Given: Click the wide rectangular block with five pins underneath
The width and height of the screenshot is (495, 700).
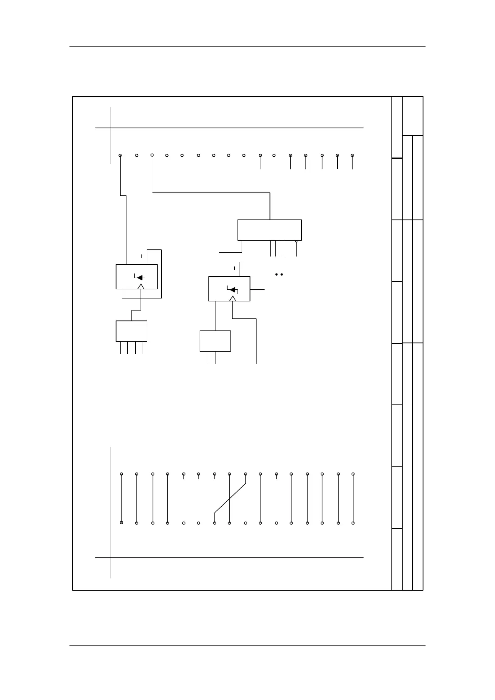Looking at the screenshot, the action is pyautogui.click(x=269, y=230).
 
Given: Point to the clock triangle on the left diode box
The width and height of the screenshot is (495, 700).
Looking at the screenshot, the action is pyautogui.click(x=141, y=286).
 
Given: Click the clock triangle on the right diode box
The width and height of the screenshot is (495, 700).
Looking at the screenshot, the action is pyautogui.click(x=233, y=298).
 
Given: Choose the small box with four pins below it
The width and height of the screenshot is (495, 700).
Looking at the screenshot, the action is pyautogui.click(x=131, y=331).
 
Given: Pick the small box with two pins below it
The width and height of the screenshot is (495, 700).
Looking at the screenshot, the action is pyautogui.click(x=215, y=341).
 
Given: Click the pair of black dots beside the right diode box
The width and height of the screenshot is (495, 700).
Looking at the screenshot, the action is pyautogui.click(x=279, y=274).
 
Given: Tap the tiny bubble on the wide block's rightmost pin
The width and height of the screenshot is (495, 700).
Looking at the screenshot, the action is pyautogui.click(x=296, y=242).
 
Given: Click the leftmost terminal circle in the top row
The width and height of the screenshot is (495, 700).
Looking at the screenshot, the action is pyautogui.click(x=120, y=155).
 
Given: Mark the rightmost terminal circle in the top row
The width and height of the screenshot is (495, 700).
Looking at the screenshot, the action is pyautogui.click(x=352, y=155).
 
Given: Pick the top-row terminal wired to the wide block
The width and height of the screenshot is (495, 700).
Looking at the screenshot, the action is pyautogui.click(x=152, y=155).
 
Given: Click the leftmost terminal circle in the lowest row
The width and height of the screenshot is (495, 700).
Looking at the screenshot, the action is pyautogui.click(x=121, y=523).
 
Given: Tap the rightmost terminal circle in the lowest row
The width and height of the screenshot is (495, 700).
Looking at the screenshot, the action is pyautogui.click(x=353, y=523).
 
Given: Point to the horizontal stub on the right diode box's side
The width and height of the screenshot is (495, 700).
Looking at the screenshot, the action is pyautogui.click(x=257, y=289).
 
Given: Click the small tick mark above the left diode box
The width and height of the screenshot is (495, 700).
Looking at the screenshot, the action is pyautogui.click(x=142, y=256).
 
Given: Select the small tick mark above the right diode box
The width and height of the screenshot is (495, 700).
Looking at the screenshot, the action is pyautogui.click(x=235, y=268).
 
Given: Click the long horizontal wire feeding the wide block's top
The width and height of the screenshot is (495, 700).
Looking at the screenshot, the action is pyautogui.click(x=211, y=193).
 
